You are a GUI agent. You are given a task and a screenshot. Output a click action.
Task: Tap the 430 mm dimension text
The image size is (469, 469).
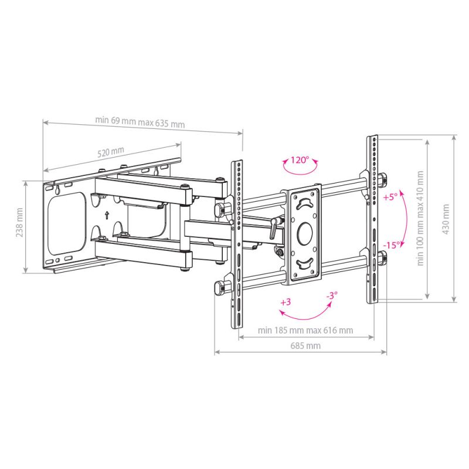[x=447, y=219]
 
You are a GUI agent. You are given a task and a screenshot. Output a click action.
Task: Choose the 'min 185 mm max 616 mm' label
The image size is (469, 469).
[x=305, y=330]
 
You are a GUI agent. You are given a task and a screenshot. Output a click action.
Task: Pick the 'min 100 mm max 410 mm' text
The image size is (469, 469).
[x=420, y=219]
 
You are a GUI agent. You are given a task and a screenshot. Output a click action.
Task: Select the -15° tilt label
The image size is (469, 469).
[x=392, y=244]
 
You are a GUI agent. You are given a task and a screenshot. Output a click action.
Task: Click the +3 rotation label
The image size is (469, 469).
[x=286, y=303]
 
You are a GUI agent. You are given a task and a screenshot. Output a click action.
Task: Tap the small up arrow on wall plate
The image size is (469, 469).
[x=106, y=215]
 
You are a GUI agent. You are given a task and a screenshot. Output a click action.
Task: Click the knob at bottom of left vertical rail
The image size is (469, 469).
[x=220, y=286]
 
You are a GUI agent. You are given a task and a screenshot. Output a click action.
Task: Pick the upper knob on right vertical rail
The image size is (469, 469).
[x=382, y=178]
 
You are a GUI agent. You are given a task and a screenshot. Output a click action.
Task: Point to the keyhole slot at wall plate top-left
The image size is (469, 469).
[x=59, y=190]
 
